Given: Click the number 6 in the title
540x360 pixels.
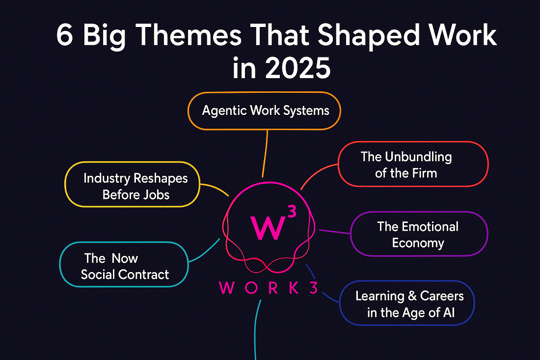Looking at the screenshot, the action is [65, 35].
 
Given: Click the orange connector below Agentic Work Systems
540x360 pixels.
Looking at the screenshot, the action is [265, 154].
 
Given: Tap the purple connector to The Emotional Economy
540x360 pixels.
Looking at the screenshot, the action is [335, 231].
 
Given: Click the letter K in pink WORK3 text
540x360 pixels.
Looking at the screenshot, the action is [294, 288].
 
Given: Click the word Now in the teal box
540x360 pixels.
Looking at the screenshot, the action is [125, 258].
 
